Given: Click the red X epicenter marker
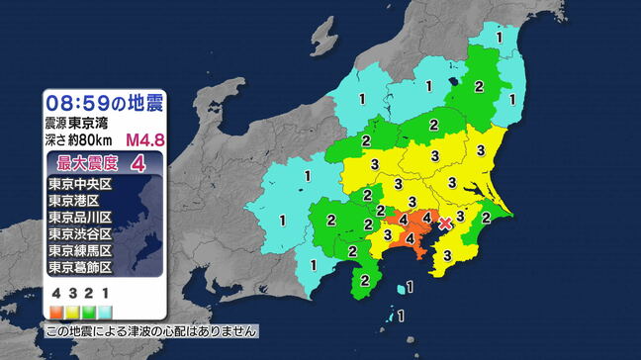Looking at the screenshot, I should point(445,224).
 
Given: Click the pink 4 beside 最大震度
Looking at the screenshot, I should point(151,162).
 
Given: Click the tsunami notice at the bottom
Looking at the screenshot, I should point(151,331).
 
